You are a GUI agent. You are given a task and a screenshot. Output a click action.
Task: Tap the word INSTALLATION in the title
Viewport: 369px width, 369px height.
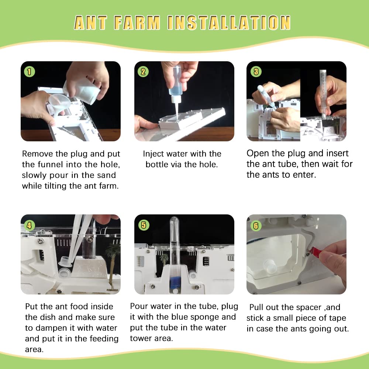[229, 23]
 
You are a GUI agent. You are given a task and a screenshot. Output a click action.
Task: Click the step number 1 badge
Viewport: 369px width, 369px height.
[30, 72]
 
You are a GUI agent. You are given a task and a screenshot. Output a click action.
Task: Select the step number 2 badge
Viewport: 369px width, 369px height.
[143, 72]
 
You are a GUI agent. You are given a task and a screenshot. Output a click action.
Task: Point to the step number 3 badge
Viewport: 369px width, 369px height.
[256, 72]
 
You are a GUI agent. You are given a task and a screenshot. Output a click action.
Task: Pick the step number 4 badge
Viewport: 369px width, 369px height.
[30, 224]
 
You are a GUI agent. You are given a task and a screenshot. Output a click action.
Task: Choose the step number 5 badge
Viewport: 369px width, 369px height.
[143, 224]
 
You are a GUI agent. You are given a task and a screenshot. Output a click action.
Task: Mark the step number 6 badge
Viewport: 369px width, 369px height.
[256, 224]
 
